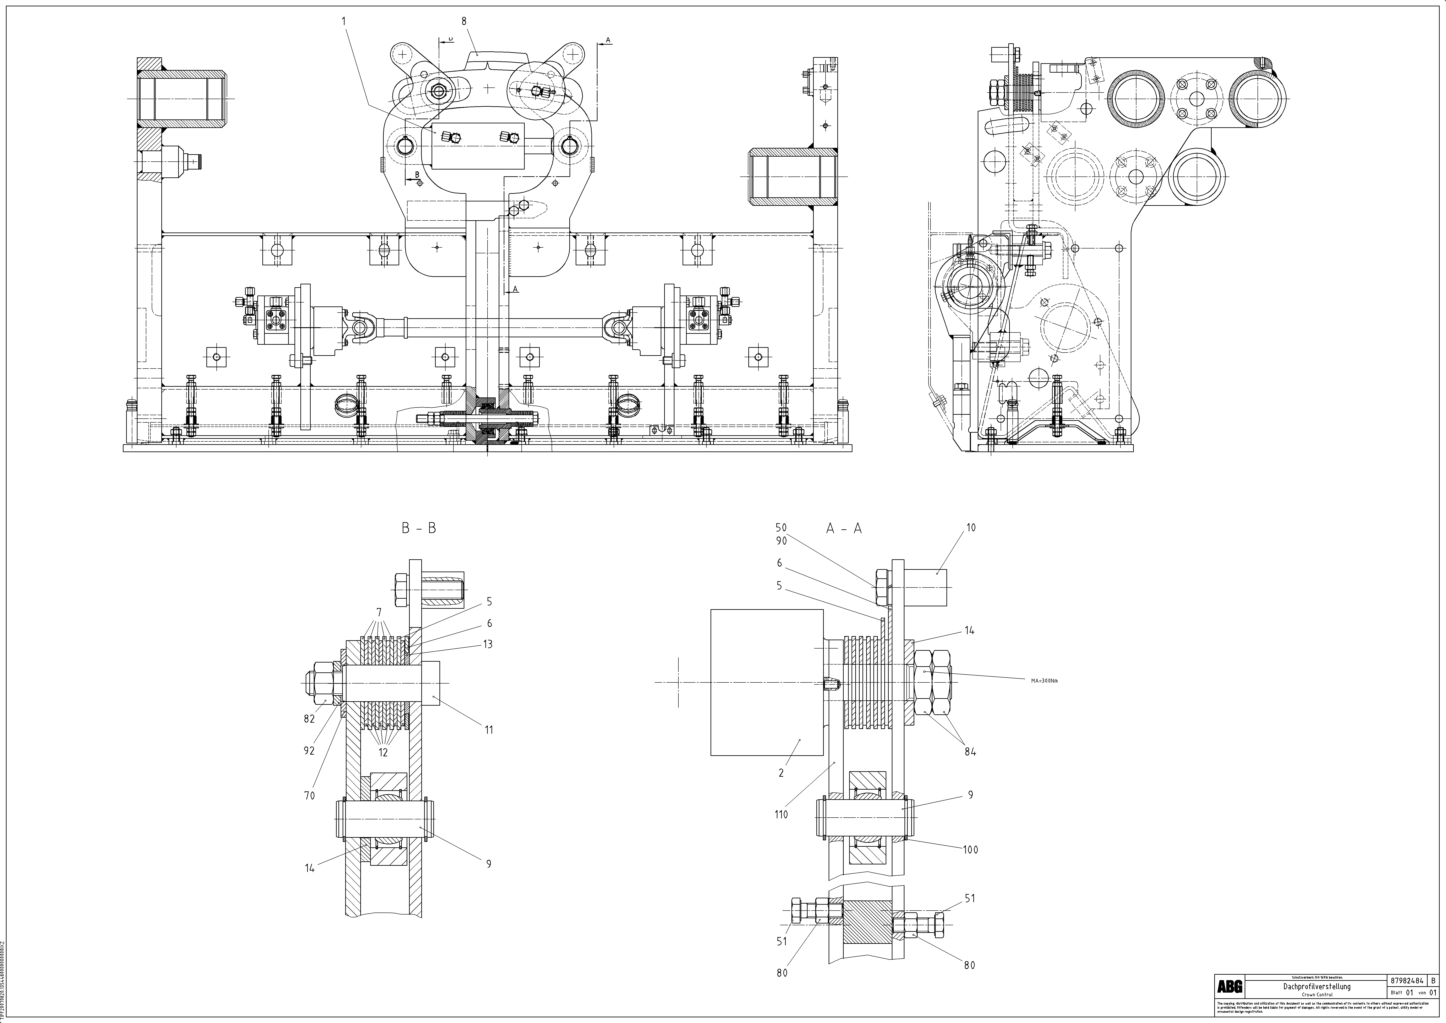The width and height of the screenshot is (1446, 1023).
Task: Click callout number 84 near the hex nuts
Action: pos(970,752)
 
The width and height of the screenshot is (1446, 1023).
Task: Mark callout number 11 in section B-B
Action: pos(489,730)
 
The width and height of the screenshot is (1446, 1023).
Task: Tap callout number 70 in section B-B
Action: pos(309,796)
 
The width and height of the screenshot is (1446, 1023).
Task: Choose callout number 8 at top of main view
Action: pos(464,21)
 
